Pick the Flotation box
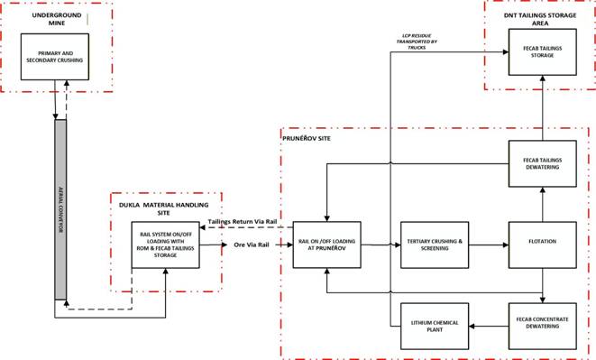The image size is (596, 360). (543, 242)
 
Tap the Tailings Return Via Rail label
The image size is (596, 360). (242, 221)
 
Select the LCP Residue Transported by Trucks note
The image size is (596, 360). (419, 42)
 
